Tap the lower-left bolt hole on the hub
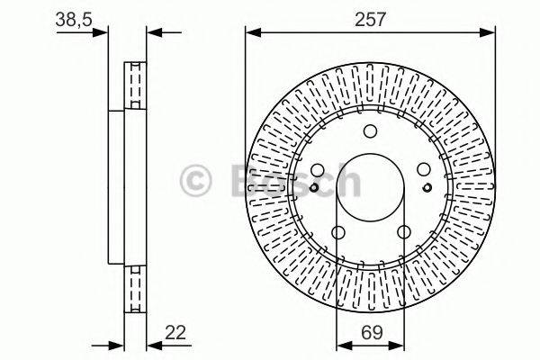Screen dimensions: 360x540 (338, 233)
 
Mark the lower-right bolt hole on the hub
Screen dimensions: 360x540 (403, 233)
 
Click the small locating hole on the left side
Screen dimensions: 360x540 (313, 188)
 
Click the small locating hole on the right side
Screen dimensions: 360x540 (427, 188)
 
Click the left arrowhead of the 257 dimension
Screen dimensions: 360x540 (251, 33)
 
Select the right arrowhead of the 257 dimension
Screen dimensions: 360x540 (490, 33)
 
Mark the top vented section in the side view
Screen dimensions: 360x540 (135, 85)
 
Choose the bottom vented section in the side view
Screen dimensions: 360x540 (135, 288)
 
